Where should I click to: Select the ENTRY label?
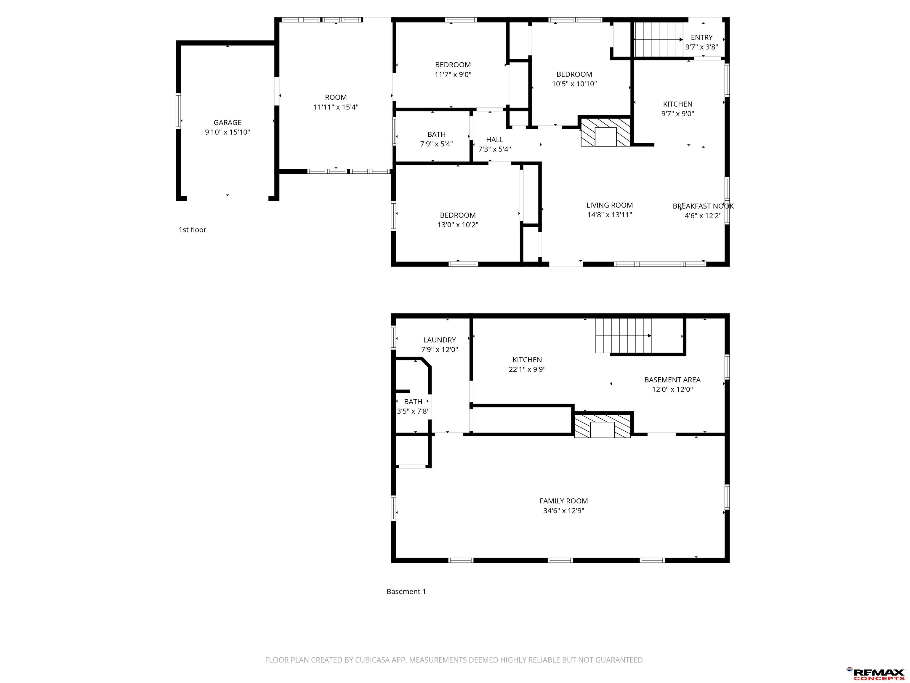click(x=701, y=37)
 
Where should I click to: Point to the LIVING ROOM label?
click(x=609, y=205)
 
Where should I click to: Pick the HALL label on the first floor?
click(x=494, y=140)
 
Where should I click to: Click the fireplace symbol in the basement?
click(x=602, y=426)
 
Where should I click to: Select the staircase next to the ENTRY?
click(x=658, y=39)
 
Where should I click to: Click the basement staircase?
click(x=624, y=336)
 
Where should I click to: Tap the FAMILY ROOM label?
click(x=564, y=501)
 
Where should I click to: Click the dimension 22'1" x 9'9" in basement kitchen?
click(x=527, y=369)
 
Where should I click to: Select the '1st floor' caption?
click(x=192, y=230)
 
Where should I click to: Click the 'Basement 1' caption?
click(x=406, y=592)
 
